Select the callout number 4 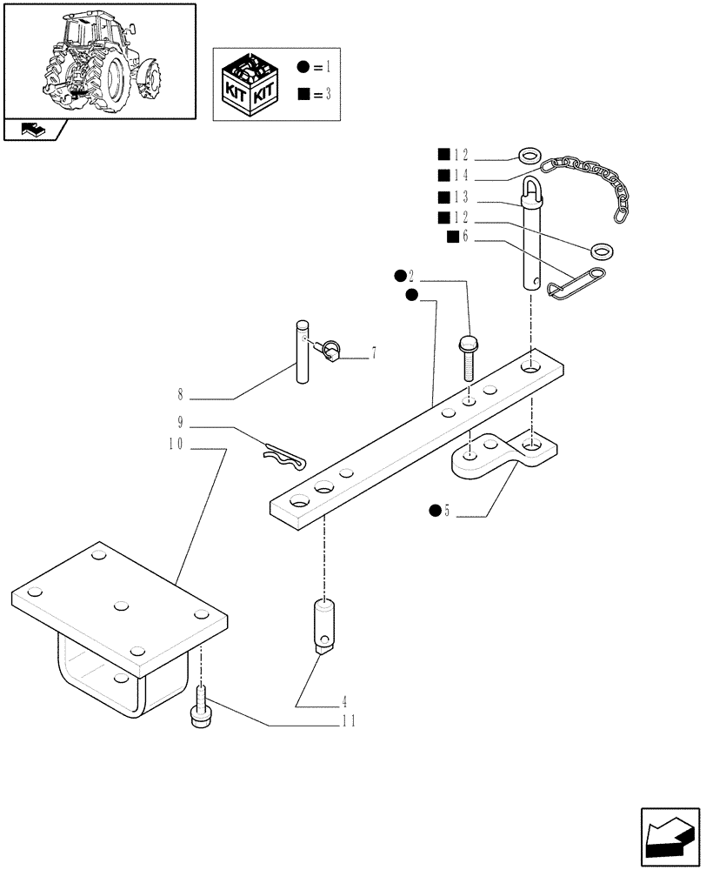tap(345, 700)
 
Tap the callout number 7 tap(373, 353)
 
